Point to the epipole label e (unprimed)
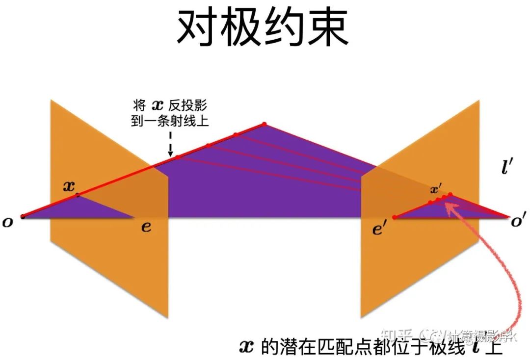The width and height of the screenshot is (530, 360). pyautogui.click(x=146, y=228)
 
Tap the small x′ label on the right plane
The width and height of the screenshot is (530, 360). pyautogui.click(x=436, y=189)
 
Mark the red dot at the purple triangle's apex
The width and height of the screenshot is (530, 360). pyautogui.click(x=264, y=124)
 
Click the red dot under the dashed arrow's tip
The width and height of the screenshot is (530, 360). pyautogui.click(x=178, y=156)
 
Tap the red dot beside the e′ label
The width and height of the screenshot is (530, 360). pyautogui.click(x=394, y=217)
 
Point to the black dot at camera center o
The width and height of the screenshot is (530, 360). pyautogui.click(x=22, y=216)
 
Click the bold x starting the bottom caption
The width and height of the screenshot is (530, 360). pyautogui.click(x=246, y=349)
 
